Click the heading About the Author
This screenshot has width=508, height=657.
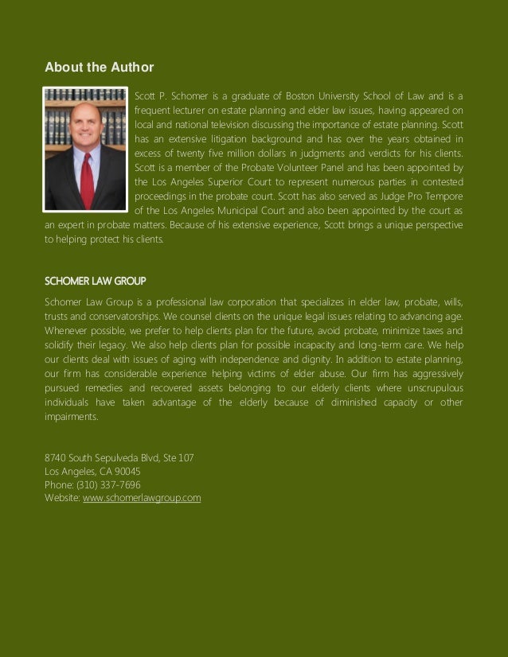pyautogui.click(x=99, y=67)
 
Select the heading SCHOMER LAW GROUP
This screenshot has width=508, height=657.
pyautogui.click(x=96, y=282)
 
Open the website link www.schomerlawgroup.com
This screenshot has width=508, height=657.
pyautogui.click(x=142, y=498)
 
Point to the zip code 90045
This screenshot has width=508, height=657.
pyautogui.click(x=127, y=471)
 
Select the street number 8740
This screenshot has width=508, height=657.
pyautogui.click(x=55, y=457)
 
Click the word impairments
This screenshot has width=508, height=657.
pyautogui.click(x=72, y=416)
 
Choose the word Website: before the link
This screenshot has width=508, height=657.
pyautogui.click(x=62, y=498)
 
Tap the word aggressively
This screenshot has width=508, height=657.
pyautogui.click(x=432, y=373)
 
